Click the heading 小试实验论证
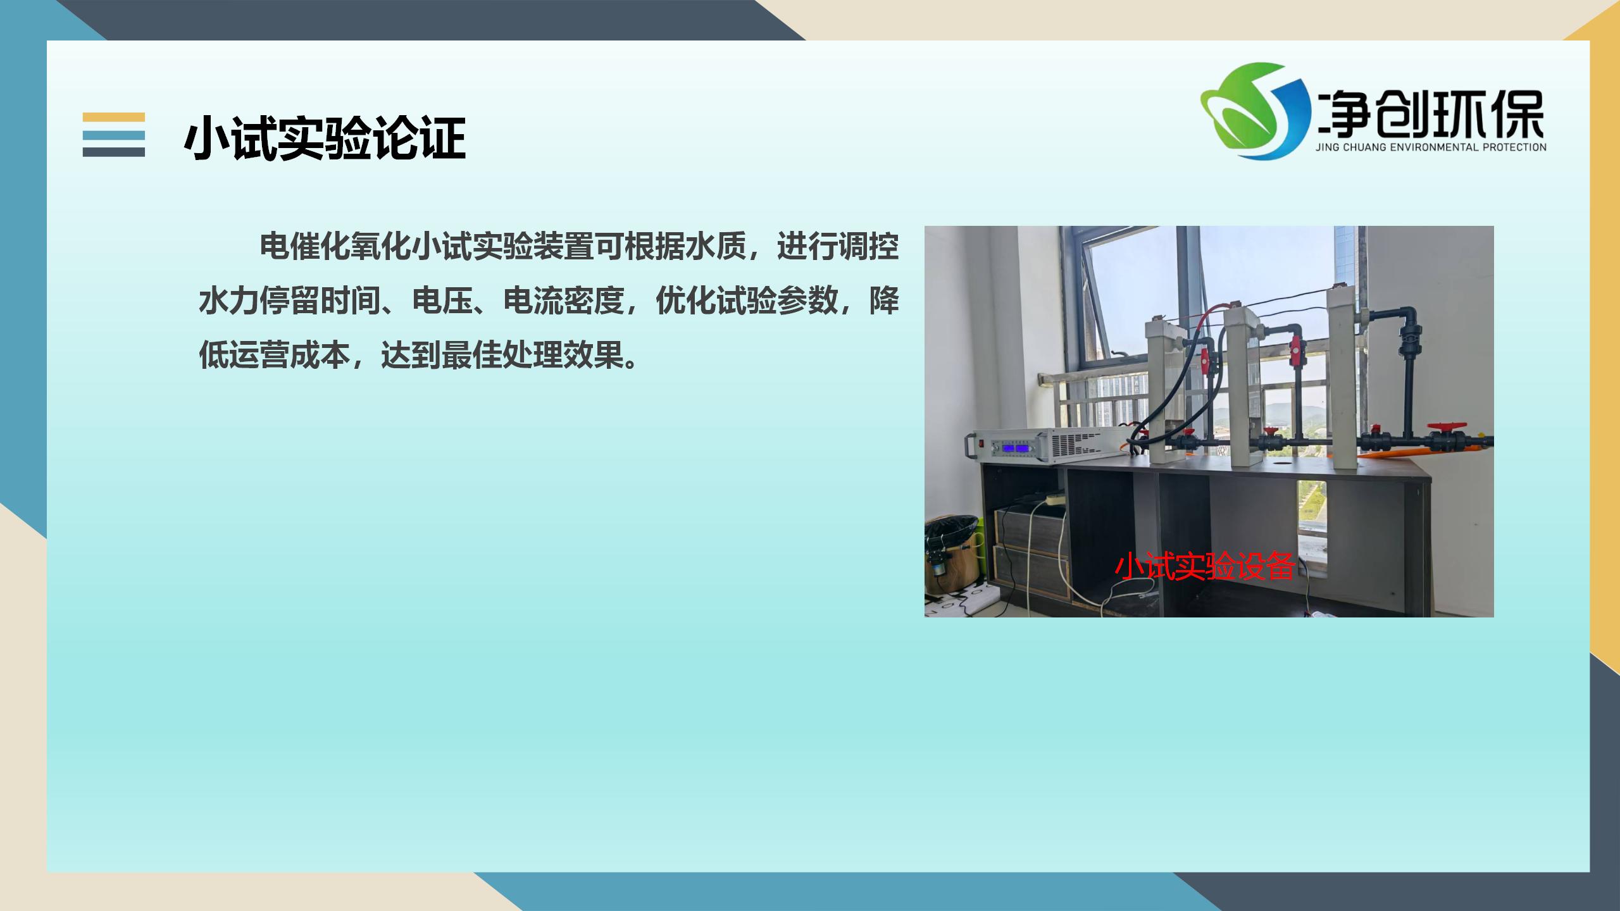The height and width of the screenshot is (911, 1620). point(325,137)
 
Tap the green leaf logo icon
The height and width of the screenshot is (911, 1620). point(1255,111)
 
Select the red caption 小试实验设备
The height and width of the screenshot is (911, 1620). point(1206,566)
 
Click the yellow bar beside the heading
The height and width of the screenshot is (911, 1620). point(114,117)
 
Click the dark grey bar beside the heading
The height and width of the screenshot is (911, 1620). point(114,152)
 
